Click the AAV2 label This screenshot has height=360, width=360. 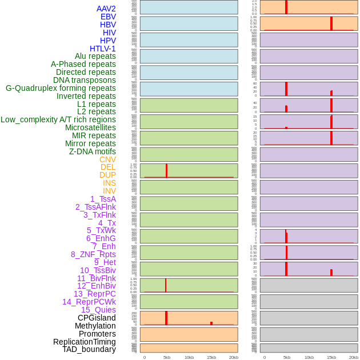click(x=106, y=9)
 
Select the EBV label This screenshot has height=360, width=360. click(x=108, y=17)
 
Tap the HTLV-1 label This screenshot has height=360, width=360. click(x=103, y=49)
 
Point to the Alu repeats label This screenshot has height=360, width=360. click(x=95, y=56)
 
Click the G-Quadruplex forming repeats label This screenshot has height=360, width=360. click(x=61, y=88)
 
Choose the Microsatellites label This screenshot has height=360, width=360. click(x=90, y=127)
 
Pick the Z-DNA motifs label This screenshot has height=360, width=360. click(x=92, y=151)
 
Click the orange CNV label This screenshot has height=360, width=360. click(x=107, y=159)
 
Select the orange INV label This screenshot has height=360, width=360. click(x=109, y=191)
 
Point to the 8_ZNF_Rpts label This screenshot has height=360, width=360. click(x=93, y=254)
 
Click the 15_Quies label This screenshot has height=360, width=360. click(x=98, y=310)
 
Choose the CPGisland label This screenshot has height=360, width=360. click(x=97, y=318)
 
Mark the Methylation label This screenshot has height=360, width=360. click(x=95, y=326)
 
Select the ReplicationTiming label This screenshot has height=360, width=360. click(x=84, y=342)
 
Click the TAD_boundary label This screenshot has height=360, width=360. click(x=89, y=349)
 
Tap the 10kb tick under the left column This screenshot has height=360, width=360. click(x=189, y=357)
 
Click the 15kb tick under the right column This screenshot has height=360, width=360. click(x=331, y=357)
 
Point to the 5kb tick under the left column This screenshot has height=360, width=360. click(x=167, y=357)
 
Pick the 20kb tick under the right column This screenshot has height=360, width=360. click(x=354, y=357)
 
